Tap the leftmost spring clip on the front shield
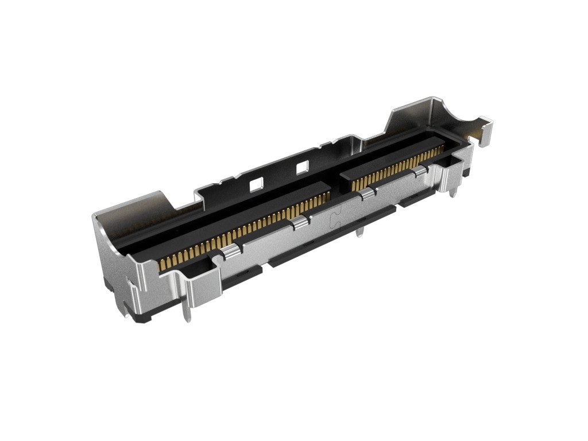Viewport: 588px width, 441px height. point(230,250)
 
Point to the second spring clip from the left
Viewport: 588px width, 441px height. point(298,222)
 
